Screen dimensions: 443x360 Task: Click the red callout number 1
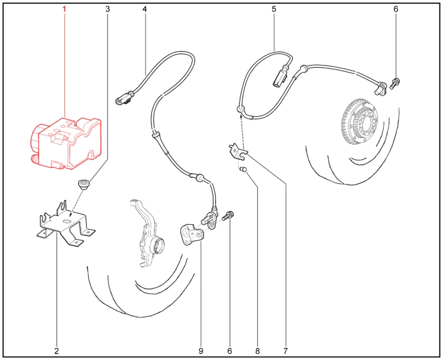tap(64, 9)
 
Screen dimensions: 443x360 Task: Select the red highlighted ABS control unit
tap(66, 144)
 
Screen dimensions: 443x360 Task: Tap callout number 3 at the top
tap(108, 9)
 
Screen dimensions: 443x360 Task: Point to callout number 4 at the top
tap(144, 9)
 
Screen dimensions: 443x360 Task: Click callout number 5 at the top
tap(274, 9)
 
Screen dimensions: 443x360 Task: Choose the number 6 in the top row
tap(396, 9)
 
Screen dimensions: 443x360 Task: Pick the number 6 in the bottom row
tap(230, 351)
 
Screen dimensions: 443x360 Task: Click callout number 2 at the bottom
tap(56, 351)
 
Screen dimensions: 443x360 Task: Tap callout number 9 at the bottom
tap(201, 351)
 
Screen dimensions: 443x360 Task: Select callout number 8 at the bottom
tap(257, 351)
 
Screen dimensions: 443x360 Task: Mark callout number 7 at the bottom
tap(285, 351)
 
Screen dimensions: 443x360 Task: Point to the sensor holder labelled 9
tap(190, 234)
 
